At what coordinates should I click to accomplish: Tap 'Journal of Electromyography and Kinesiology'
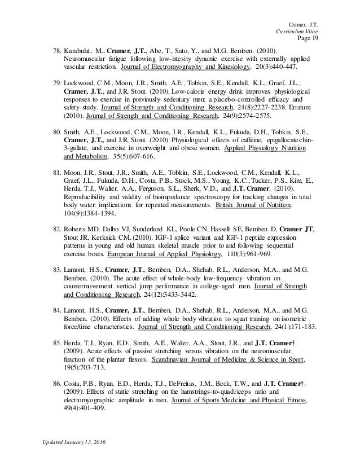(x=186, y=67)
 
